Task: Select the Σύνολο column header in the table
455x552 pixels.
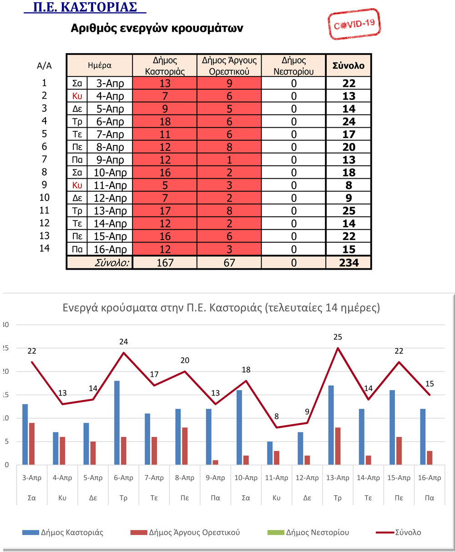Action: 349,65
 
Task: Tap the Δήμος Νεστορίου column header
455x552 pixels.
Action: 293,65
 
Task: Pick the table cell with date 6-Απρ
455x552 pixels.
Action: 110,121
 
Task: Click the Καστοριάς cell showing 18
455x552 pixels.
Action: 165,121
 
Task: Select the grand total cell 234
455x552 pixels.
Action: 349,262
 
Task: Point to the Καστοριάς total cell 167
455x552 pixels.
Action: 165,262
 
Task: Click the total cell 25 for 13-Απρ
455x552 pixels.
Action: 349,211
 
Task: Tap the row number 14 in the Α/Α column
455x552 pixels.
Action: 44,248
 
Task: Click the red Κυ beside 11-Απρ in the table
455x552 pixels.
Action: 77,185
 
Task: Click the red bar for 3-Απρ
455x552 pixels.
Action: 32,444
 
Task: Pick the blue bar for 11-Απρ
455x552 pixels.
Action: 270,453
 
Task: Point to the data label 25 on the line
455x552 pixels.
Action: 337,337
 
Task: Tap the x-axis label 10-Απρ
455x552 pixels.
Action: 246,478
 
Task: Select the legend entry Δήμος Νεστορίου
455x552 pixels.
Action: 317,532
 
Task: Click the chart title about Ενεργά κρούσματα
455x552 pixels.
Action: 221,308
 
